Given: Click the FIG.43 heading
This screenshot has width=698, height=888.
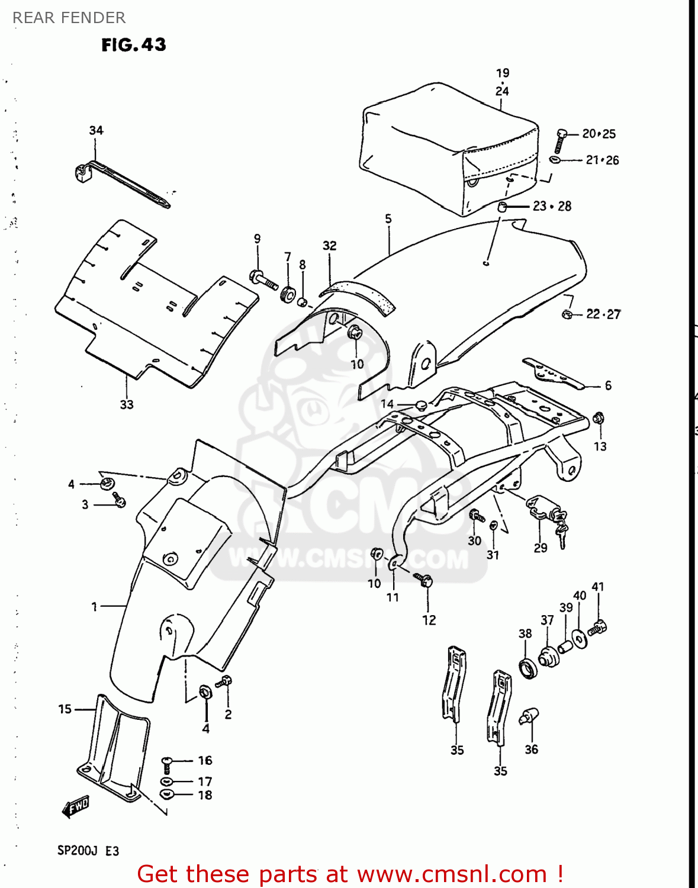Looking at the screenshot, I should point(134,45).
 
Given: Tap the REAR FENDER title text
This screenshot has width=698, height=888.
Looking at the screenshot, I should point(69,18).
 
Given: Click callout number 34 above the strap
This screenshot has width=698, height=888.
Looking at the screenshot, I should point(96,130).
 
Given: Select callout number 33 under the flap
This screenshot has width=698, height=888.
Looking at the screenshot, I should point(127,405).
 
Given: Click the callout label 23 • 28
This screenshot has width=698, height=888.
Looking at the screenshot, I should point(552,206).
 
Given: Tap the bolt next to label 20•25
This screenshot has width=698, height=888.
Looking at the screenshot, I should point(560,141).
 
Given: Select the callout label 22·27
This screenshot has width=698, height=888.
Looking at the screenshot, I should point(603,314).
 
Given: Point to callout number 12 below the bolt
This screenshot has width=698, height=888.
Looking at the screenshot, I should point(429,620).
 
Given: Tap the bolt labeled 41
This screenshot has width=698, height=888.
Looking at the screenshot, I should point(600,627).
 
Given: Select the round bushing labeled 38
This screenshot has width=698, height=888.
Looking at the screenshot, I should point(527,668).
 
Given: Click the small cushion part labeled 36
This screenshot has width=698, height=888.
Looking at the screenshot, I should point(528,716).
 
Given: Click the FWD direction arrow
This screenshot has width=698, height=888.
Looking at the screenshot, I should point(75,806).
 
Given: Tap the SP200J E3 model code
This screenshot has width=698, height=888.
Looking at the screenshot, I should point(88,851).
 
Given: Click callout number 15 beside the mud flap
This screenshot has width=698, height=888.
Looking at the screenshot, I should point(65,709).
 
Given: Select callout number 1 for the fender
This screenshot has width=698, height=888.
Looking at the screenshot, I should point(94,606).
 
